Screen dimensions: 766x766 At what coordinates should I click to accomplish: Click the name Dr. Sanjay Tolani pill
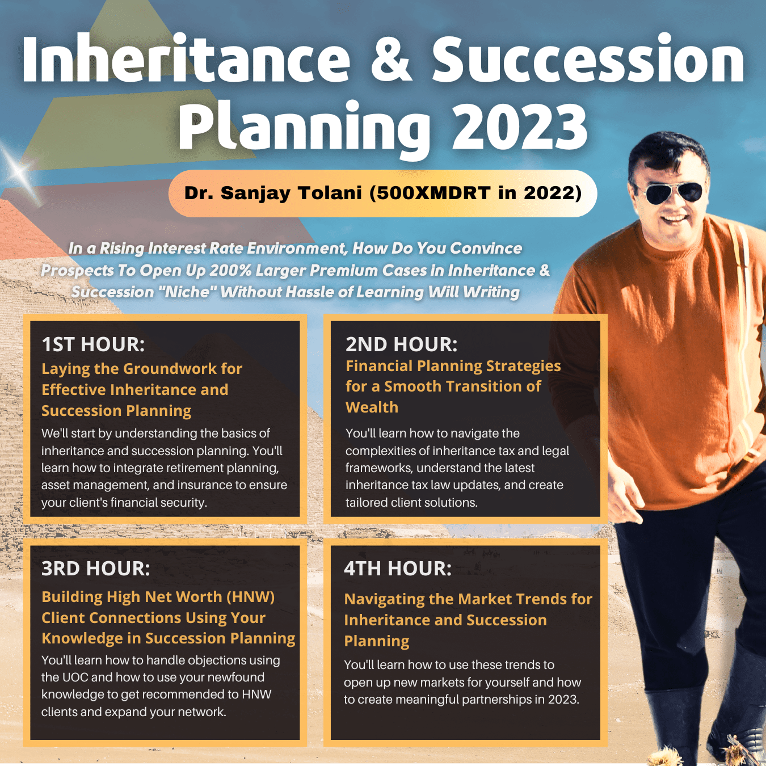point(382,193)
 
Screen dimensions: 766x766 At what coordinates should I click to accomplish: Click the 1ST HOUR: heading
point(93,344)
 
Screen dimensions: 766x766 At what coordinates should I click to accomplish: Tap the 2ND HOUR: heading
point(402,344)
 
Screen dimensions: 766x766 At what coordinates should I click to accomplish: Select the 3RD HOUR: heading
point(96,569)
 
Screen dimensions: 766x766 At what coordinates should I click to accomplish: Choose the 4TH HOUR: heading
point(398,569)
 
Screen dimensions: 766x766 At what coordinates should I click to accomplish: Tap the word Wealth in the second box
point(372,407)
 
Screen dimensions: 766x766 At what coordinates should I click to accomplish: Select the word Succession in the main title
point(588,60)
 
